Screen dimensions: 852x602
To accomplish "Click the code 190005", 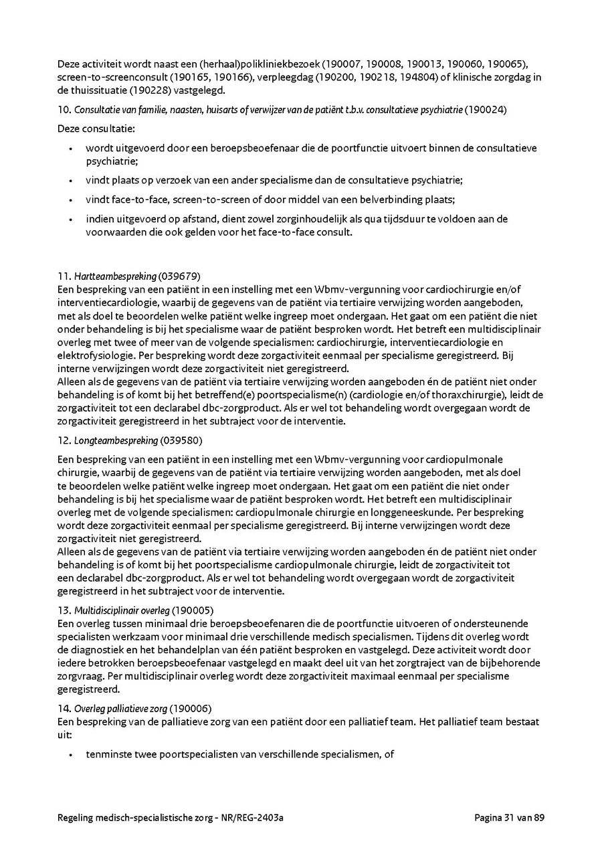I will [x=193, y=611].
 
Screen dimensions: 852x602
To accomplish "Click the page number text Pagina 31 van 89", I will [x=510, y=817].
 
